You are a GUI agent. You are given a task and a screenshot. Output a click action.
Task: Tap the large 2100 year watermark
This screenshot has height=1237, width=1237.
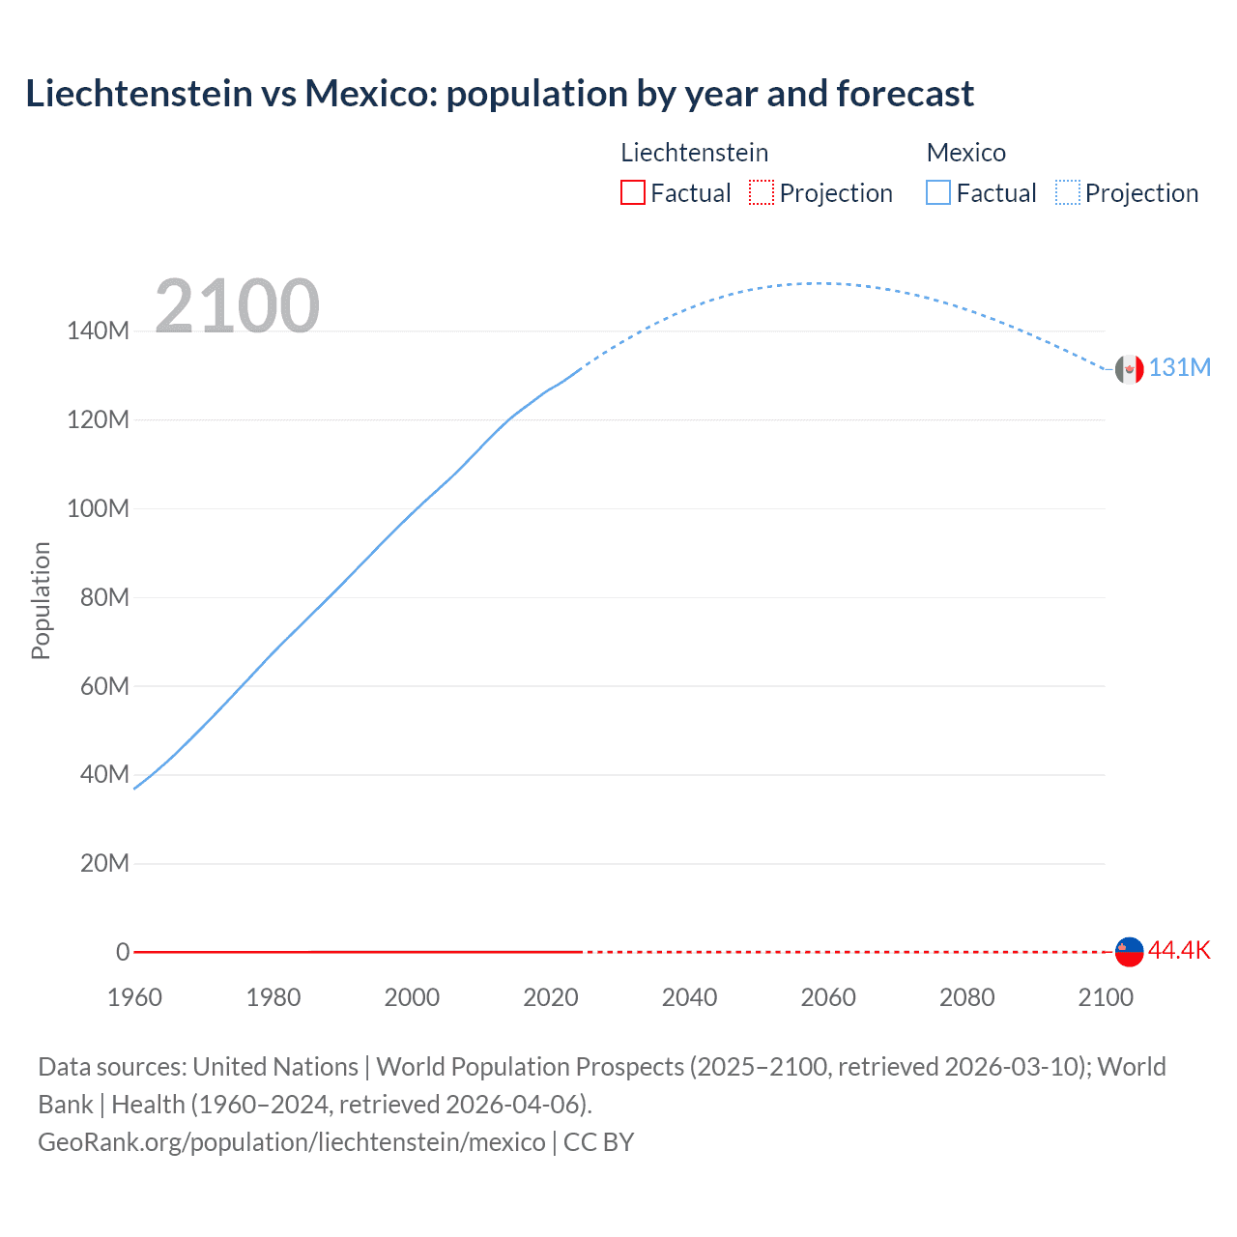click(237, 306)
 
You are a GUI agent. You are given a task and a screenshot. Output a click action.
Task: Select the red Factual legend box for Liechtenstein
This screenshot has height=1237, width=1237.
click(632, 193)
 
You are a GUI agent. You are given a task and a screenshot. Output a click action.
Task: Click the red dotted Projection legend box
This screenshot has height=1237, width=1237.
click(762, 193)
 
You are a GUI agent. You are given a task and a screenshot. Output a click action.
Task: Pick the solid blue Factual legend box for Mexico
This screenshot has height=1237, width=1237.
click(938, 193)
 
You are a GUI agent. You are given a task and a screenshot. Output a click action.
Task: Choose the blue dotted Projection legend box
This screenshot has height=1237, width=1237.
click(1068, 193)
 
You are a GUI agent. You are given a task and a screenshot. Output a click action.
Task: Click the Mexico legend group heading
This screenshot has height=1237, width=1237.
click(965, 153)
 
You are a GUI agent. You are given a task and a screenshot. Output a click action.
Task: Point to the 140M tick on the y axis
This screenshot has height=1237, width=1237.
click(98, 331)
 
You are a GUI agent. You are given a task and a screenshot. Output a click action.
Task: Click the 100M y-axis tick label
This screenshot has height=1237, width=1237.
click(98, 509)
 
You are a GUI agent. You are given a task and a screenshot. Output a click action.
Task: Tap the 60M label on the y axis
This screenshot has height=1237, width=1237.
click(104, 686)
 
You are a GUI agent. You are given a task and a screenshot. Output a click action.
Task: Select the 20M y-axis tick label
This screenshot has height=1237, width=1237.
click(104, 864)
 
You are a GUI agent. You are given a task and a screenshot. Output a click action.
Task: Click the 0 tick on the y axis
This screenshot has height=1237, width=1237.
click(123, 952)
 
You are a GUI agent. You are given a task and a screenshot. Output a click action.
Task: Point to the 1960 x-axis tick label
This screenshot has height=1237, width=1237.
click(134, 997)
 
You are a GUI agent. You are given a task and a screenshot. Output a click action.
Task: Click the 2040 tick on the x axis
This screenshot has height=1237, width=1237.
click(689, 997)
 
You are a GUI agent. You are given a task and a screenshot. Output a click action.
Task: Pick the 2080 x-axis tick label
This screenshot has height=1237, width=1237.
click(966, 997)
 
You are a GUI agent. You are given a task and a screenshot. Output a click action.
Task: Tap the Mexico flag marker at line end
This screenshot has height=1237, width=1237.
click(1129, 369)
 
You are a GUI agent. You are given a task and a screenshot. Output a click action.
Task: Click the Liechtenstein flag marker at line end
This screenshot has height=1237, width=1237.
click(1129, 951)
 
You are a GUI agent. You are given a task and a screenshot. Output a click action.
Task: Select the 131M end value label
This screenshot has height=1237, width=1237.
click(1179, 368)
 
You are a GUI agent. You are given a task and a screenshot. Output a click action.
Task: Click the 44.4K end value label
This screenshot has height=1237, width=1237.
click(1179, 951)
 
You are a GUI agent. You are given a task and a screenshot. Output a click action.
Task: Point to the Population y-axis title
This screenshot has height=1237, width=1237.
click(41, 600)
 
